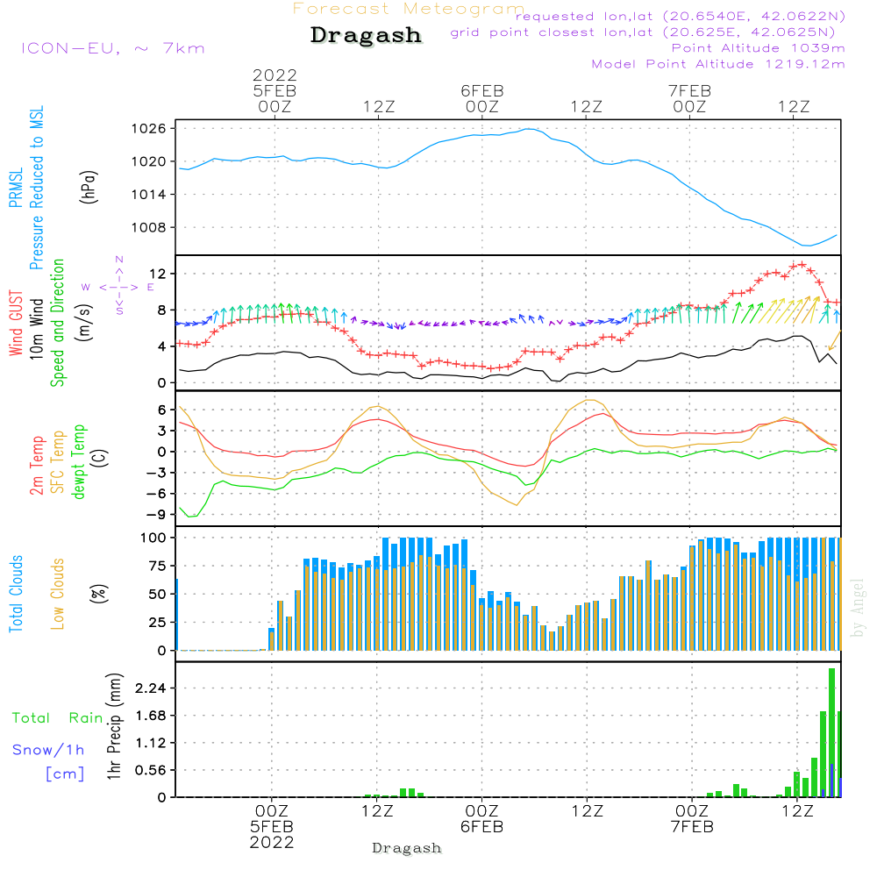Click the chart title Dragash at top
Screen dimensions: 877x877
pyautogui.click(x=366, y=36)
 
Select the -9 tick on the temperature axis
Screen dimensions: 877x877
pyautogui.click(x=158, y=515)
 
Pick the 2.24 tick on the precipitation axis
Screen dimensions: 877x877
pyautogui.click(x=151, y=689)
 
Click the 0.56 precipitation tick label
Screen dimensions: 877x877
pyautogui.click(x=151, y=770)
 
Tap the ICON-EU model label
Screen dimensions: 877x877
pyautogui.click(x=112, y=47)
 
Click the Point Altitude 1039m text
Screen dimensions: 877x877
pyautogui.click(x=758, y=48)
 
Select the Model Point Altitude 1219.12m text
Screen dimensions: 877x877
pyautogui.click(x=718, y=64)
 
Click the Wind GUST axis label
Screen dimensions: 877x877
pyautogui.click(x=16, y=324)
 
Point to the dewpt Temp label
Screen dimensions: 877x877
pyautogui.click(x=80, y=462)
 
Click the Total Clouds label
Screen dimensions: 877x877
pyautogui.click(x=16, y=594)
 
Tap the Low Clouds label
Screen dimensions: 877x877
pyautogui.click(x=58, y=594)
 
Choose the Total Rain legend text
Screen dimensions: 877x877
pyautogui.click(x=58, y=718)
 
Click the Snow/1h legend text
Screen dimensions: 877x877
pyautogui.click(x=49, y=750)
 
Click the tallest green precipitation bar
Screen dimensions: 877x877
pyautogui.click(x=831, y=732)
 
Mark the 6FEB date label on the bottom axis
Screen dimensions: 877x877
pyautogui.click(x=481, y=827)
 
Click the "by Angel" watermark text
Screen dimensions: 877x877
pyautogui.click(x=858, y=608)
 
